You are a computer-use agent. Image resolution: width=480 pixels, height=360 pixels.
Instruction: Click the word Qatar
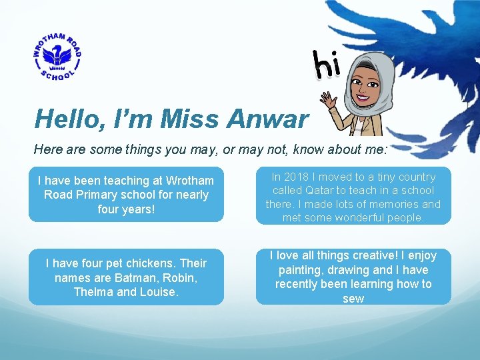[321, 191]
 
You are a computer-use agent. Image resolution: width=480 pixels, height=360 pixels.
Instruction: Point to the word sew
[353, 299]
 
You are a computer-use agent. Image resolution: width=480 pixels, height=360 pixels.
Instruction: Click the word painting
[300, 270]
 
